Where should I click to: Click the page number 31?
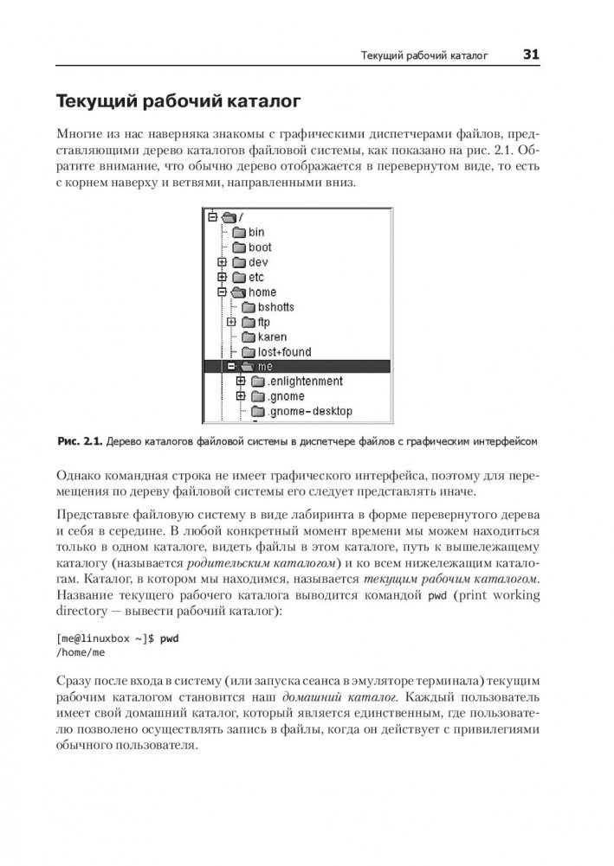pyautogui.click(x=531, y=56)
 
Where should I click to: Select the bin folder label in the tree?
pyautogui.click(x=256, y=232)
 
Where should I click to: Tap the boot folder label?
pyautogui.click(x=260, y=247)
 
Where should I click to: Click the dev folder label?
pyautogui.click(x=258, y=262)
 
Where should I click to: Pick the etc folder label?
pyautogui.click(x=256, y=277)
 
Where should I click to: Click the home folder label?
pyautogui.click(x=262, y=292)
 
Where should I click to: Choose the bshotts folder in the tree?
pyautogui.click(x=275, y=307)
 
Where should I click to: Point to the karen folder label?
pyautogui.click(x=272, y=337)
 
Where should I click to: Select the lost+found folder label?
pyautogui.click(x=284, y=352)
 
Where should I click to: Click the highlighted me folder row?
pyautogui.click(x=294, y=367)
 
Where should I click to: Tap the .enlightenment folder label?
pyautogui.click(x=305, y=382)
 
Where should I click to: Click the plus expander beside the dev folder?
pyautogui.click(x=223, y=262)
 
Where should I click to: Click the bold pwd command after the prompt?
pyautogui.click(x=168, y=638)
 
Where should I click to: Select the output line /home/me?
pyautogui.click(x=80, y=653)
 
